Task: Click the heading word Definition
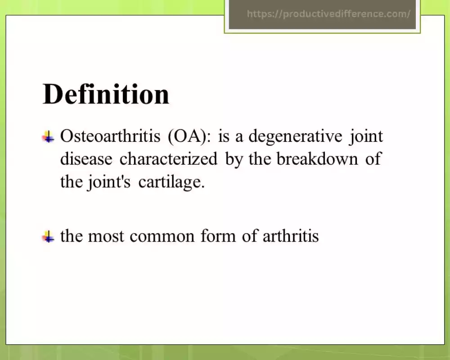pos(106,94)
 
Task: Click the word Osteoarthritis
pos(110,136)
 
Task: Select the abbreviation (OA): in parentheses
pos(189,136)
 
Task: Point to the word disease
pos(86,159)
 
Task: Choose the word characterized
pos(168,159)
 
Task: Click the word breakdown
pos(317,159)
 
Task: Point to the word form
pos(218,236)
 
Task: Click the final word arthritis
pos(290,236)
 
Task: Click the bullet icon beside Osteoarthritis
pos(48,137)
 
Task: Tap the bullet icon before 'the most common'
pos(48,237)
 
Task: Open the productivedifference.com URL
pos(328,14)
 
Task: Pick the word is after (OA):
pos(224,136)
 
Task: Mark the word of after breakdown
pos(373,158)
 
